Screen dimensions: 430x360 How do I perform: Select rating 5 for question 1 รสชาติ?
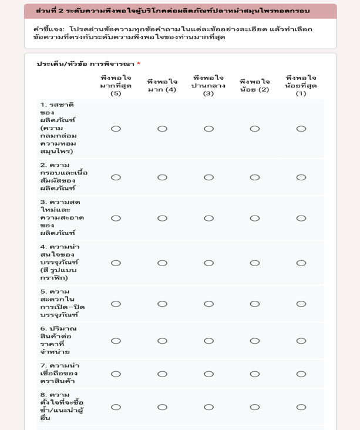[x=116, y=129]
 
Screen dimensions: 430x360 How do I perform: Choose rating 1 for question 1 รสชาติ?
[x=301, y=129]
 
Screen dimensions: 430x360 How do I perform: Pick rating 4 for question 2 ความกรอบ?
[x=162, y=177]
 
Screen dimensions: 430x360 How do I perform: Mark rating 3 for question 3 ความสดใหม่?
[x=208, y=219]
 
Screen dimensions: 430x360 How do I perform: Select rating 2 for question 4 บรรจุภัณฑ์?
[x=255, y=263]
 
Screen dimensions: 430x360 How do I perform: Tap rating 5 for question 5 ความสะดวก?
[x=116, y=304]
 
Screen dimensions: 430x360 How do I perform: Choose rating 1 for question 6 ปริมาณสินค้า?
[x=301, y=341]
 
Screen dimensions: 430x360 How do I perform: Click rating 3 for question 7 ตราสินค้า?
[x=208, y=374]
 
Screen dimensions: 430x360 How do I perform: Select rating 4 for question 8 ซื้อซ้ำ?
[x=162, y=407]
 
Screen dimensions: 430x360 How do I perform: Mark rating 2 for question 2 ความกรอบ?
[x=255, y=177]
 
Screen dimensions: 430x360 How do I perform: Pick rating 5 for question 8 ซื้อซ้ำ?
[x=116, y=407]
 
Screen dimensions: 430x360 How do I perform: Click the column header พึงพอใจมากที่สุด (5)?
[x=116, y=86]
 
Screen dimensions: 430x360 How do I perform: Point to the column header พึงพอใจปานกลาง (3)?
[x=208, y=86]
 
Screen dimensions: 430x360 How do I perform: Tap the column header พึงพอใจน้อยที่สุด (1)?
[x=301, y=86]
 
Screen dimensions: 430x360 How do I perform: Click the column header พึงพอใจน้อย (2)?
[x=255, y=86]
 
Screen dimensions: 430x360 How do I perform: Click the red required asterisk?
[x=139, y=64]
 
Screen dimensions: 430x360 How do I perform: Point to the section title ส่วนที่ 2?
[x=173, y=11]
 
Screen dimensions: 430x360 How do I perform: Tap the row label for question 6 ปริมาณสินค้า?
[x=59, y=341]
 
